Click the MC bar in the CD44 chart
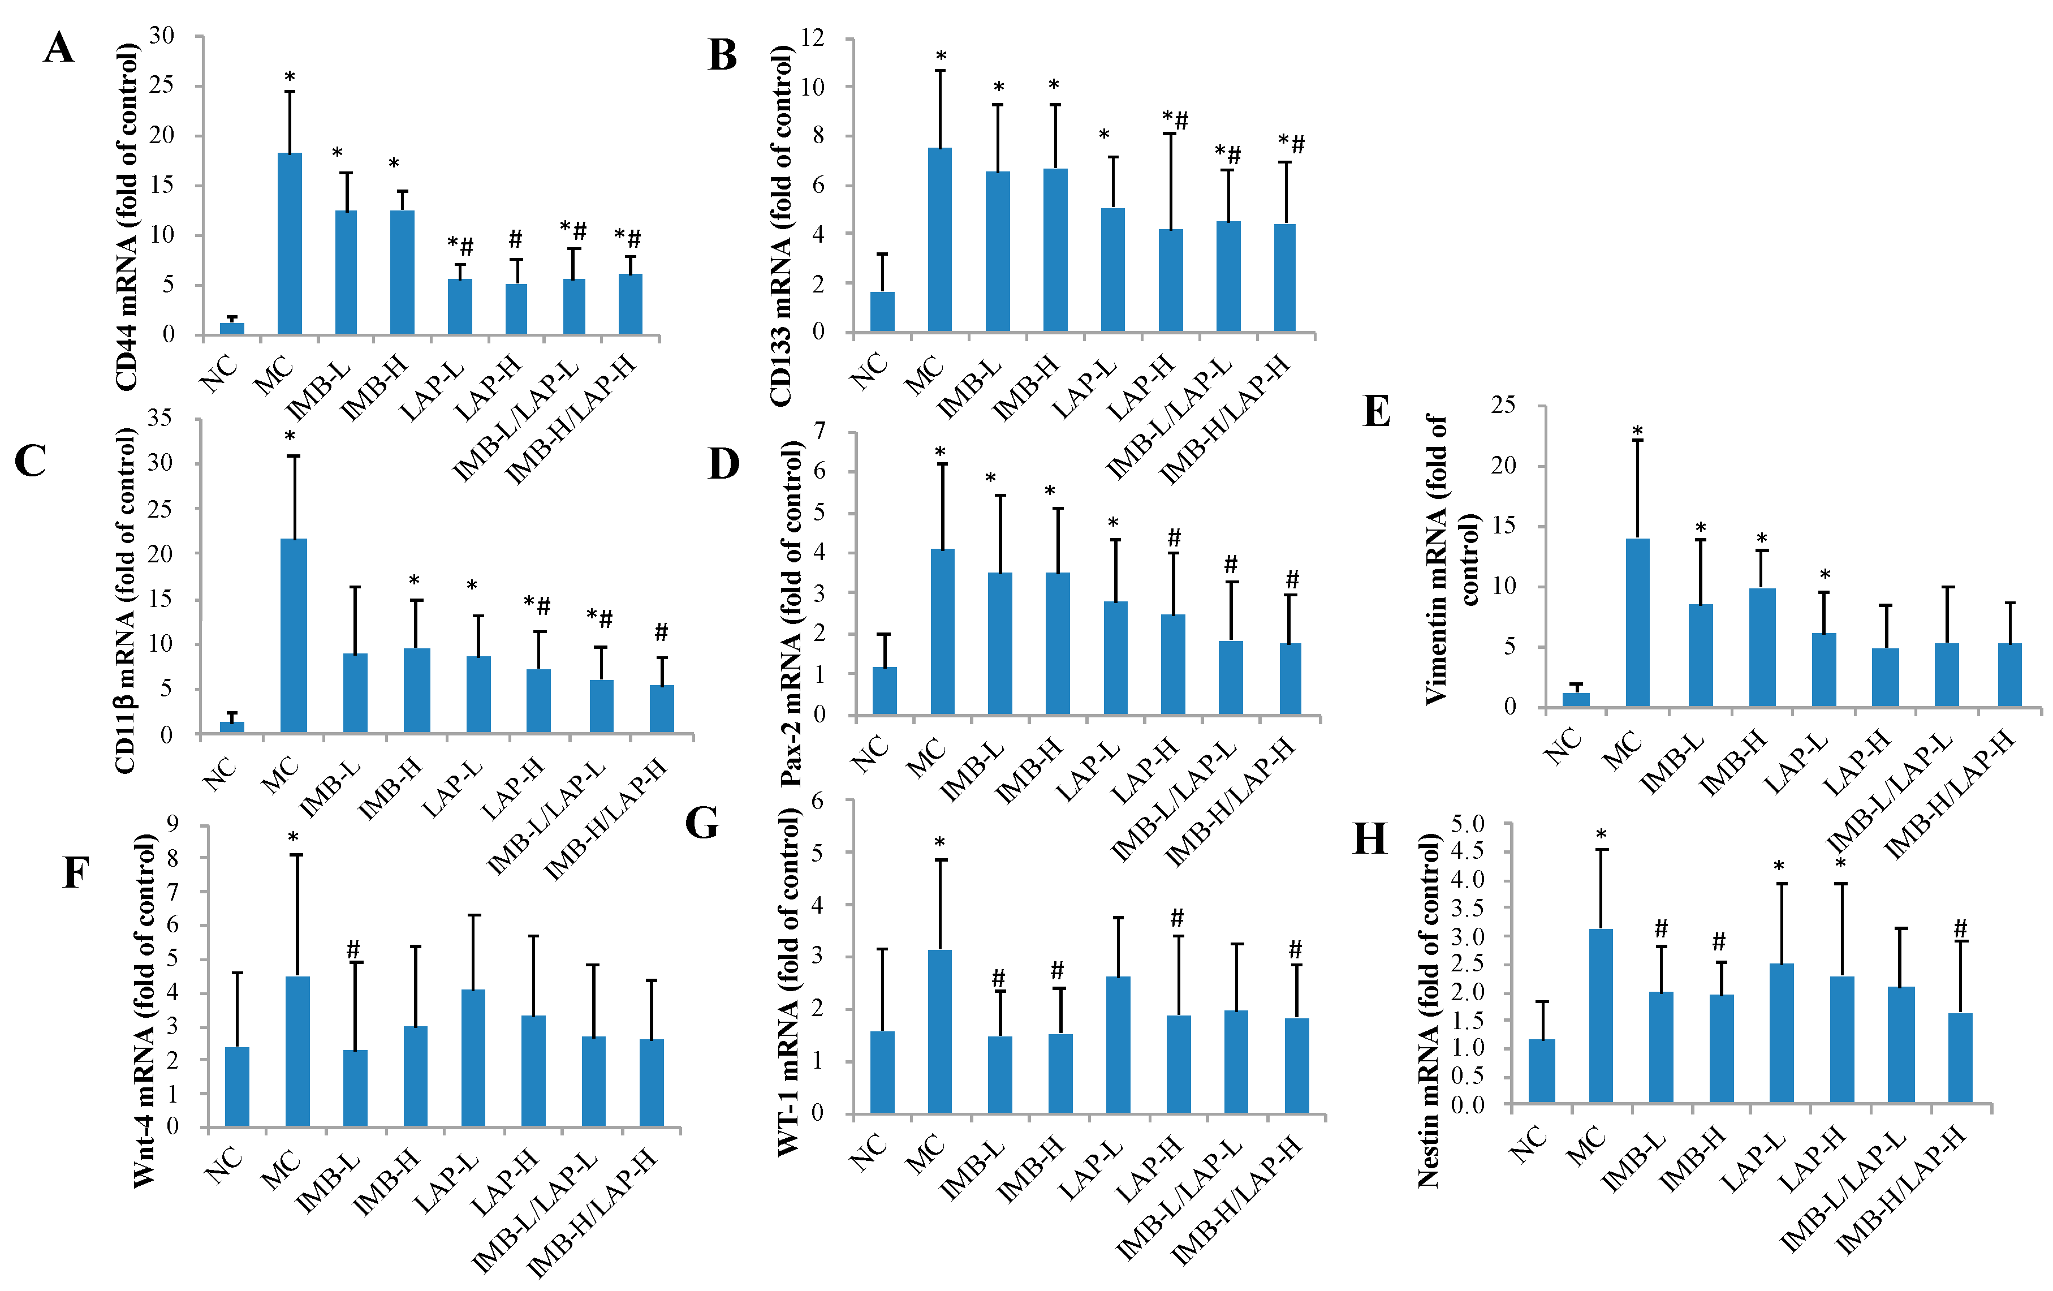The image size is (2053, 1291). pos(290,243)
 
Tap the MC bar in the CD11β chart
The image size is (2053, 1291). pos(294,635)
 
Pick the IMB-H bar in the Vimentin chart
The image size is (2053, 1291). pos(1762,647)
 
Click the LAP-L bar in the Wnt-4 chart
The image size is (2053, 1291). pos(473,1058)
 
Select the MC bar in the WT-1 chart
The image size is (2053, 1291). pos(939,1032)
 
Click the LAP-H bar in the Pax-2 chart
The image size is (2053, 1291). pos(1173,664)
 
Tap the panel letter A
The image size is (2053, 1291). pos(59,48)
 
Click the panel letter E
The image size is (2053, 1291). pos(1377,411)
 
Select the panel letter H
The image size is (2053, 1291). pos(1370,839)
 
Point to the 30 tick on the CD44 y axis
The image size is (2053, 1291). pos(162,35)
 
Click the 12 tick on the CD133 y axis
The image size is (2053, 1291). pos(813,37)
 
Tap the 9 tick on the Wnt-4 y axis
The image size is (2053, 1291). pos(173,824)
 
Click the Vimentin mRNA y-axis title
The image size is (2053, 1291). pos(1453,558)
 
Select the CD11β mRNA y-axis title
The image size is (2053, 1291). pos(126,601)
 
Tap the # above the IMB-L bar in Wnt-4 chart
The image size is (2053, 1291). pos(353,949)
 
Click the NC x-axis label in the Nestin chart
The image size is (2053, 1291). pos(1529,1144)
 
